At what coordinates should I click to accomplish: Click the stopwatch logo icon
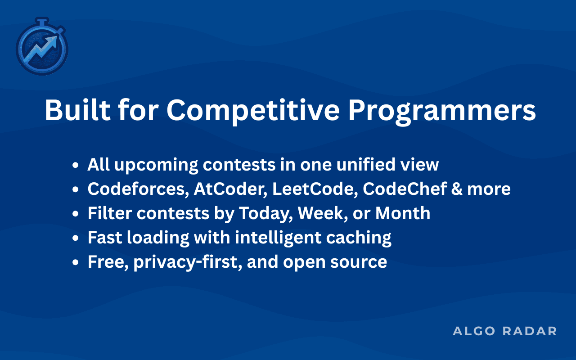point(42,46)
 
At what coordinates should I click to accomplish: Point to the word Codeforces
point(138,189)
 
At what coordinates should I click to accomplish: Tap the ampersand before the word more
point(457,189)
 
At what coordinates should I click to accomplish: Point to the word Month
point(403,213)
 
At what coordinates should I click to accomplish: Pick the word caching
point(359,238)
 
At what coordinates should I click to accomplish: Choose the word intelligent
point(278,238)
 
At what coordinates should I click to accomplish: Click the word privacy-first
point(188,262)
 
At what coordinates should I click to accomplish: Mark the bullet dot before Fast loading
point(75,238)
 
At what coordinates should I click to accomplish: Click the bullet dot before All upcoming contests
point(75,165)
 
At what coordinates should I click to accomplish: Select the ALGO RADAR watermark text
point(504,331)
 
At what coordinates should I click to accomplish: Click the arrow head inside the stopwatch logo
point(52,41)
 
